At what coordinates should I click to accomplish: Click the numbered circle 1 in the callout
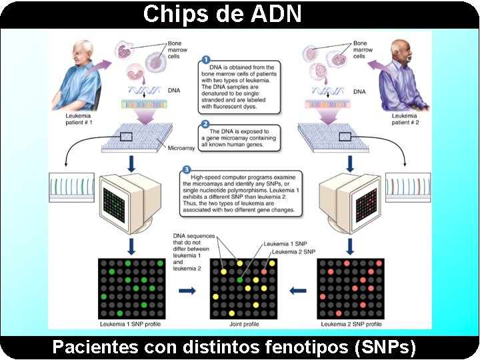[205, 59]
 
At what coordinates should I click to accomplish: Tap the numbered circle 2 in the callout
[205, 125]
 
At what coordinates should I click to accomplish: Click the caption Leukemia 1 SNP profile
[131, 324]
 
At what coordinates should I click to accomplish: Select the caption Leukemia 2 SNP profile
[351, 324]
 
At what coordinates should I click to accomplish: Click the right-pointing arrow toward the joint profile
[188, 291]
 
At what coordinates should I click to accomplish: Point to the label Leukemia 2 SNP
[293, 251]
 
